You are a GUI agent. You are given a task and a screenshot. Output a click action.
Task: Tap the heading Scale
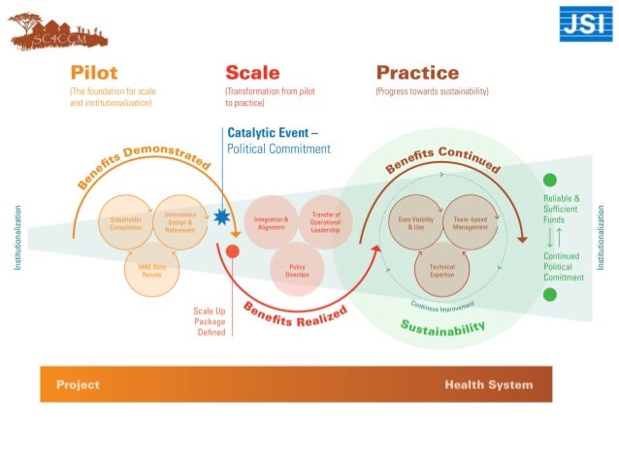point(252,73)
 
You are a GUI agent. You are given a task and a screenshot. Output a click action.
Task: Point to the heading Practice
point(417,73)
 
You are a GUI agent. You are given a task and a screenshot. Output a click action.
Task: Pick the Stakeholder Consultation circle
point(125,222)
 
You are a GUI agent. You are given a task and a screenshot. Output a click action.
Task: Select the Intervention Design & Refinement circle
point(180,222)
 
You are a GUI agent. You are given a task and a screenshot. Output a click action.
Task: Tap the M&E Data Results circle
point(152,271)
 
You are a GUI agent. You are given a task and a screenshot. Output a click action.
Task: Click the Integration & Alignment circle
point(271,222)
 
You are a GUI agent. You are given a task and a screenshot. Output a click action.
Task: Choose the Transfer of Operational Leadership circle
point(325,222)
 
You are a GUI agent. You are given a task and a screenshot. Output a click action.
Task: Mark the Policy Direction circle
point(298,271)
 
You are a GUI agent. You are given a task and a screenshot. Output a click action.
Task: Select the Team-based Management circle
point(471,222)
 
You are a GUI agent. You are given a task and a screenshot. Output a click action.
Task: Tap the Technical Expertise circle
point(442,271)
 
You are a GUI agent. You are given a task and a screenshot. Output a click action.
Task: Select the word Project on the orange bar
point(78,384)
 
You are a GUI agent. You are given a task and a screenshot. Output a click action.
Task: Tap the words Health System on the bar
point(488,384)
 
